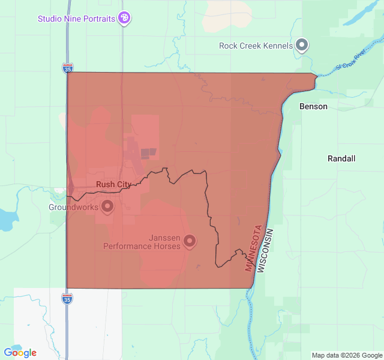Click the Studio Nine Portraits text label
click(x=76, y=19)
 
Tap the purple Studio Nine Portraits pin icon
click(x=124, y=18)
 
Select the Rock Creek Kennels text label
click(x=256, y=46)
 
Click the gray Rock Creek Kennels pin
click(x=302, y=45)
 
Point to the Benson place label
click(x=313, y=107)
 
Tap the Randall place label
click(x=341, y=159)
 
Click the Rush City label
click(x=112, y=184)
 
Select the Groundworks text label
click(x=73, y=208)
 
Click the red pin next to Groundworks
click(x=107, y=207)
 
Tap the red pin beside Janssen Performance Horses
click(x=190, y=241)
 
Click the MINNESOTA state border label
click(x=253, y=248)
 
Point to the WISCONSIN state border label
click(x=265, y=251)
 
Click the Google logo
click(x=20, y=353)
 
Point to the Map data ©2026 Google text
click(x=347, y=355)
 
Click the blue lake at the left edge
click(x=5, y=219)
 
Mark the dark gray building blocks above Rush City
click(x=148, y=154)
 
